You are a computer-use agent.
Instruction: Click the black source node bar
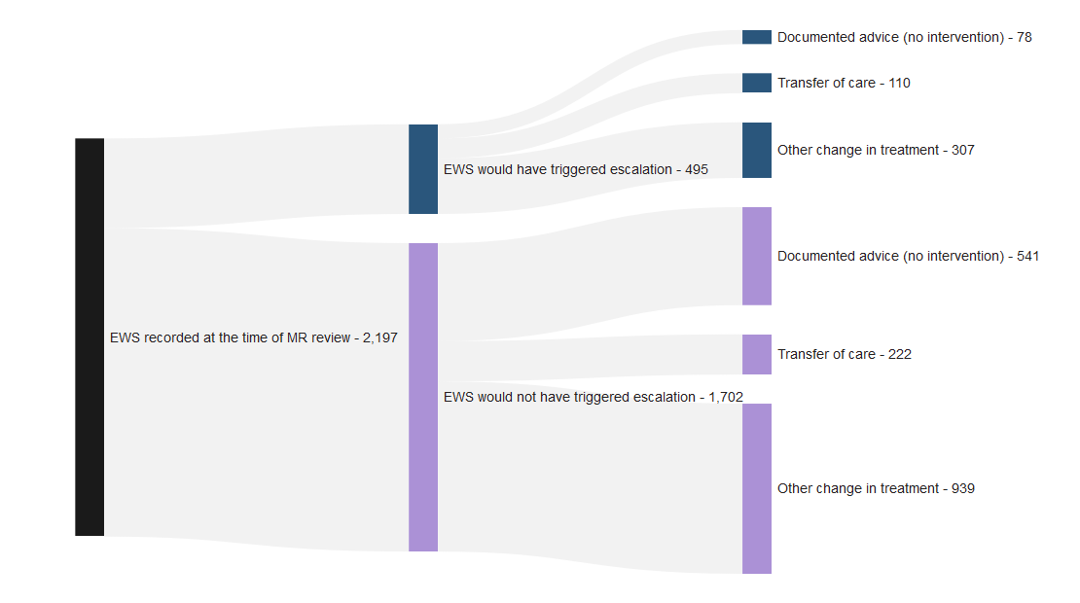(x=90, y=337)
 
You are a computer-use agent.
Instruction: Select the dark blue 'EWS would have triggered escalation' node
(x=423, y=169)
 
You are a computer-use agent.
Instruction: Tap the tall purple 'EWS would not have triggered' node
(x=423, y=397)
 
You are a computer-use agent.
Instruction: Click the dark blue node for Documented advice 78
(x=756, y=37)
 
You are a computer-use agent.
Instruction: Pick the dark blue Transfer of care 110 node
(x=756, y=83)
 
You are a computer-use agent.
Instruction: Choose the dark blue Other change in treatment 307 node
(x=756, y=150)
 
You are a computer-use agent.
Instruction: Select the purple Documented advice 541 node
(x=756, y=256)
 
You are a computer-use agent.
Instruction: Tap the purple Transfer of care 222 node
(x=756, y=354)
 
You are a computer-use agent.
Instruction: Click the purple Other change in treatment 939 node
(x=756, y=489)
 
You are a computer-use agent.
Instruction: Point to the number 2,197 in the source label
(x=380, y=338)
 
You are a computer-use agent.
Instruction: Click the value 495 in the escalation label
(x=697, y=169)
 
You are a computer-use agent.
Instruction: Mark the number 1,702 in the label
(x=726, y=397)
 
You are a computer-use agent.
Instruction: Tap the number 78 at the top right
(x=1025, y=37)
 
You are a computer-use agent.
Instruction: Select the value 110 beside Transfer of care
(x=900, y=83)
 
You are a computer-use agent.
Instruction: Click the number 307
(x=963, y=150)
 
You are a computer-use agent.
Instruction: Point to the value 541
(x=1027, y=256)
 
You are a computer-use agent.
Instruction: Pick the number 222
(x=900, y=354)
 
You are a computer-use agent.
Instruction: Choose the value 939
(x=963, y=489)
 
